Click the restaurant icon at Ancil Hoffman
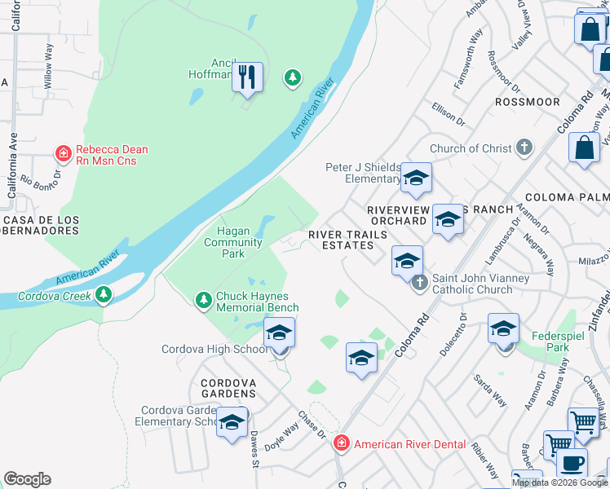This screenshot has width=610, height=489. coord(247,77)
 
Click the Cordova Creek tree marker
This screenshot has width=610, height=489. coord(103,294)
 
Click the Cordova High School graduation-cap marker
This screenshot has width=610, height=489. coord(279,334)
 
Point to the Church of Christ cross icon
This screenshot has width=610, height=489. coord(524,148)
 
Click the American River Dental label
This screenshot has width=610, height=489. coord(409,444)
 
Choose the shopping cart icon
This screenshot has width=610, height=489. coord(582,422)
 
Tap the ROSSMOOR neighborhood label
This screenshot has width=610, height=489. coord(527,102)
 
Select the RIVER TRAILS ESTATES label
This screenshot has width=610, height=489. coord(341,240)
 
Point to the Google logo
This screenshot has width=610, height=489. coord(27,479)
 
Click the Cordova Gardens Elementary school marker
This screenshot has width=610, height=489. coord(232,422)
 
